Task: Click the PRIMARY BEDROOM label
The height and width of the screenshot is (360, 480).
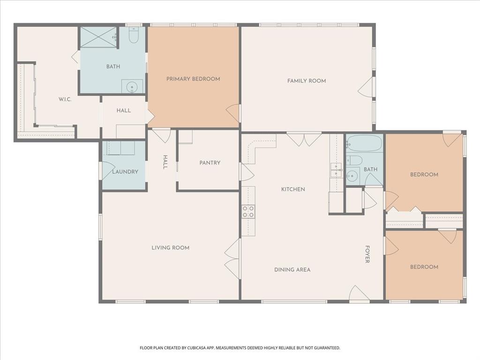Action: pyautogui.click(x=193, y=79)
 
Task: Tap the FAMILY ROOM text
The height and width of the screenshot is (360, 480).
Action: pyautogui.click(x=307, y=81)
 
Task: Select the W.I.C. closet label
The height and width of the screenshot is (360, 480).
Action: pyautogui.click(x=65, y=99)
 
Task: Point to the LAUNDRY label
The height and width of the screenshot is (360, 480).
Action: pyautogui.click(x=125, y=172)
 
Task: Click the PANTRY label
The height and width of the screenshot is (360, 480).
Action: pyautogui.click(x=210, y=163)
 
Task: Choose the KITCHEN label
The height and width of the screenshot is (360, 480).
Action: pyautogui.click(x=293, y=189)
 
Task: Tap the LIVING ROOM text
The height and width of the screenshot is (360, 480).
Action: pyautogui.click(x=170, y=247)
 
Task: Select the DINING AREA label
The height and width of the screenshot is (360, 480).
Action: pyautogui.click(x=292, y=270)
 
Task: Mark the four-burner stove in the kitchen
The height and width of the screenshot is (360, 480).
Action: pyautogui.click(x=248, y=212)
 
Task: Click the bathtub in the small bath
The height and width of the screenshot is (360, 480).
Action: pyautogui.click(x=364, y=143)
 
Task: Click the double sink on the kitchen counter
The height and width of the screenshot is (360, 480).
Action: pyautogui.click(x=336, y=171)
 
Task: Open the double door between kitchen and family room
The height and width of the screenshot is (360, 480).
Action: pyautogui.click(x=304, y=139)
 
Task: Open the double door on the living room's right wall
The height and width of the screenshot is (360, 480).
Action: pyautogui.click(x=232, y=259)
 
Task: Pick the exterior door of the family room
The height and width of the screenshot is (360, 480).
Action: pyautogui.click(x=367, y=88)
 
